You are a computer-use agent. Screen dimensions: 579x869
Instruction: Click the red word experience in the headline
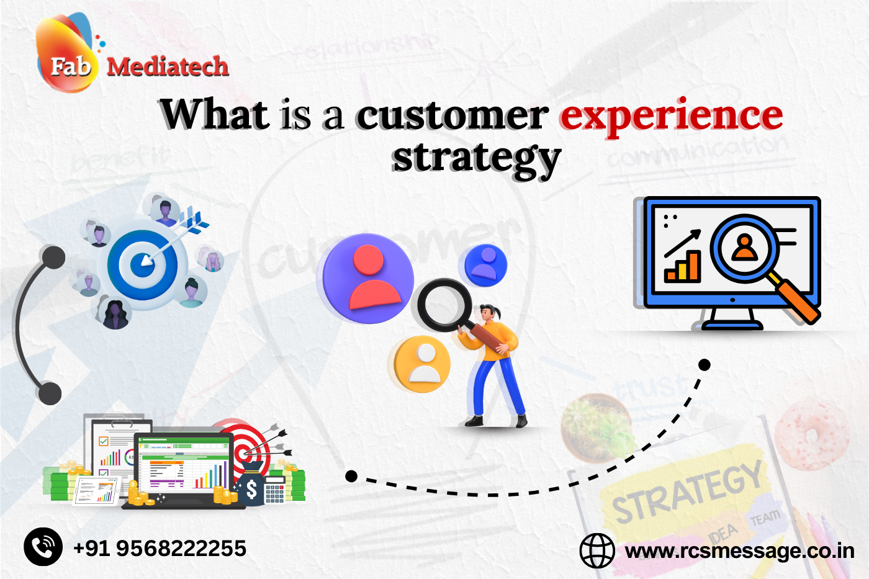(x=670, y=116)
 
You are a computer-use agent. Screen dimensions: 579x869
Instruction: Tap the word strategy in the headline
(x=476, y=158)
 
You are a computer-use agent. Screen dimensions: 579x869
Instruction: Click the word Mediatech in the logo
(x=168, y=66)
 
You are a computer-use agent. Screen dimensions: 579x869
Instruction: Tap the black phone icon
(x=43, y=547)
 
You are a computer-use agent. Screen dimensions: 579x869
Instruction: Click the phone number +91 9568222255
(x=160, y=549)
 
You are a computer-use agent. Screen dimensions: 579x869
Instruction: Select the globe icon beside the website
(x=597, y=550)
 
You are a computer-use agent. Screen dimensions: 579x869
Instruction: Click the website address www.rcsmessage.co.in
(x=739, y=551)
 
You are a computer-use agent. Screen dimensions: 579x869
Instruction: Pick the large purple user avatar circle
(x=368, y=278)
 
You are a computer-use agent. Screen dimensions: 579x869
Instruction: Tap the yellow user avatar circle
(x=423, y=364)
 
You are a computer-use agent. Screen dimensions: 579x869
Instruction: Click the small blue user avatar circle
(x=486, y=265)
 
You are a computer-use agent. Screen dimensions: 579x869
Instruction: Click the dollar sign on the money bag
(x=251, y=490)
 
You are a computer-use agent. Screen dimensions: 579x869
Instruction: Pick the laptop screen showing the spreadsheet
(x=184, y=465)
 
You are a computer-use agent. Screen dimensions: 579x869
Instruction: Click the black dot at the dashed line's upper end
(x=704, y=365)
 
